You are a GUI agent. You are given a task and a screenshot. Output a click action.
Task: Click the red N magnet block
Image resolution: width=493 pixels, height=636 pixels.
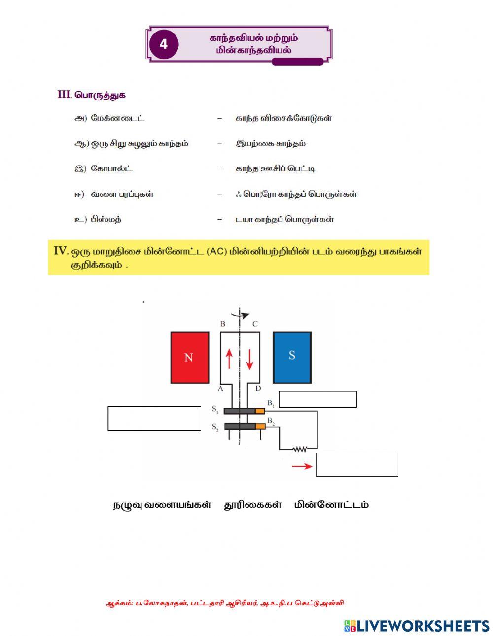pos(189,357)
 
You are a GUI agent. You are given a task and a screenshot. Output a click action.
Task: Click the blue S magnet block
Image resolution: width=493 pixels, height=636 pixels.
pos(292,357)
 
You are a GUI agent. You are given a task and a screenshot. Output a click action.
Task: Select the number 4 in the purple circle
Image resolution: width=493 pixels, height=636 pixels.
pos(163,44)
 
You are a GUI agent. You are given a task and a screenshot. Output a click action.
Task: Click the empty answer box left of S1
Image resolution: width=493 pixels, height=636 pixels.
pos(154,418)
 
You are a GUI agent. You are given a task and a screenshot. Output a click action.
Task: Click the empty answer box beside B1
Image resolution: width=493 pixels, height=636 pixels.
pos(317,400)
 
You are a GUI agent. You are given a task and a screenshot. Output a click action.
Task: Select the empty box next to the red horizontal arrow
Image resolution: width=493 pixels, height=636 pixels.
pos(356,465)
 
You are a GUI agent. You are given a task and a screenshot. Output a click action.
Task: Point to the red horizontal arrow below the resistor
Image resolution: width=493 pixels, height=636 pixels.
pos(302,466)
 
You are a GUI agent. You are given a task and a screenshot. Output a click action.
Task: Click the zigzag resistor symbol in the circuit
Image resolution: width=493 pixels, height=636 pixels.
pos(299,449)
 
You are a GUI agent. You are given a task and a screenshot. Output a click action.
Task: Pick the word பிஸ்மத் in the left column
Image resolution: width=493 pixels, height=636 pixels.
pos(106,219)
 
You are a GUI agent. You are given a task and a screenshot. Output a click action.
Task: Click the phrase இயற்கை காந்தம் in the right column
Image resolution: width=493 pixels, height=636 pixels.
pos(271,143)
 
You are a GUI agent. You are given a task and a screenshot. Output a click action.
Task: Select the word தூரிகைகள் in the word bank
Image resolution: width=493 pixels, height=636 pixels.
pos(253,505)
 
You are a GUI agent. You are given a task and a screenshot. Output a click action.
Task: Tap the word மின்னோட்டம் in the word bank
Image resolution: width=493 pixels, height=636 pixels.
pos(331,505)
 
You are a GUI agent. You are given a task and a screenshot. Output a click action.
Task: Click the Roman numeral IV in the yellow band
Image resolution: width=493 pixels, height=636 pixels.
pos(61,251)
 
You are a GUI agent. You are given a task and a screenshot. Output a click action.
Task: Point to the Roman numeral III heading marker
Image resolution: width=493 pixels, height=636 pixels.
pos(65,95)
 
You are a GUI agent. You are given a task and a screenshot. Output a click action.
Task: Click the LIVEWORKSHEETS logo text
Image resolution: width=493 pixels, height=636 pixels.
pos(423,626)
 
